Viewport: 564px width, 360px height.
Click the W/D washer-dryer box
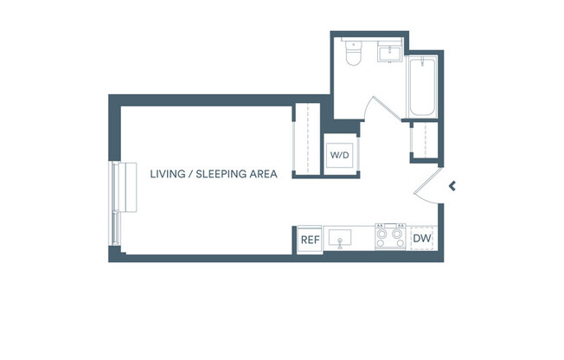click(338, 155)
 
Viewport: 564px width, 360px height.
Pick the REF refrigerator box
click(309, 239)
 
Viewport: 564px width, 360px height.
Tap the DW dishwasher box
click(422, 239)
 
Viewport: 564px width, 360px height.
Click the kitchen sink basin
click(344, 236)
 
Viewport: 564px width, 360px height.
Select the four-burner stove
click(389, 236)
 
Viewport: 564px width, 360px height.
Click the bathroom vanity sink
click(389, 52)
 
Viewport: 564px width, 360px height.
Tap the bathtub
click(422, 87)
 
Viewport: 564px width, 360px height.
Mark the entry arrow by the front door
click(452, 184)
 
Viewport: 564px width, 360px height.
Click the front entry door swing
click(427, 186)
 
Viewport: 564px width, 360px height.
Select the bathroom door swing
click(381, 108)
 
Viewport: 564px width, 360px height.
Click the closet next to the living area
click(307, 138)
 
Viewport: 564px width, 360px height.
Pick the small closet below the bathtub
click(423, 140)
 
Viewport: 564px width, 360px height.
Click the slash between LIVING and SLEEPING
click(190, 173)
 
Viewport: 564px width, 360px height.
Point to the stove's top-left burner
click(381, 231)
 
